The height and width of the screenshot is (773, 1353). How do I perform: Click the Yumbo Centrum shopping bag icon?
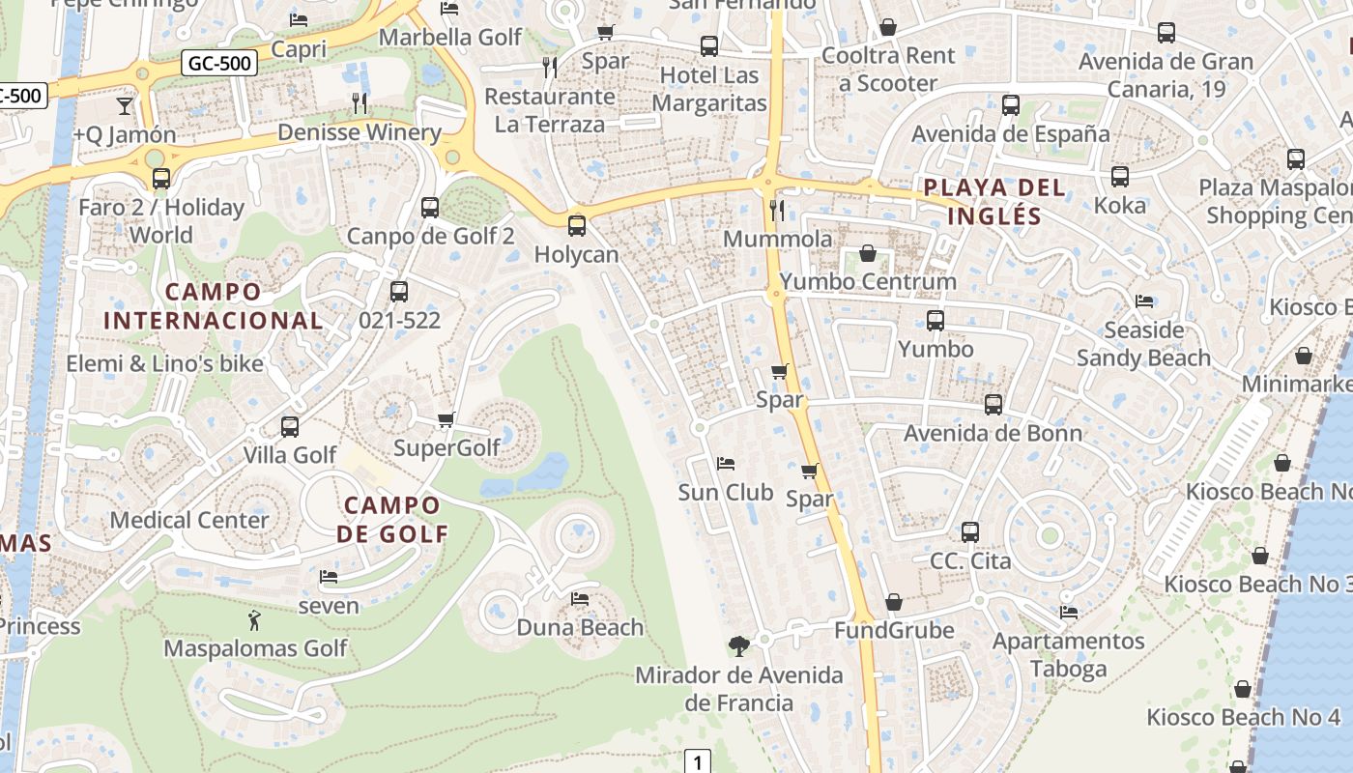[x=868, y=254]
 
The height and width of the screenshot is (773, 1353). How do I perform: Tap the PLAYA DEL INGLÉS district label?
[x=994, y=201]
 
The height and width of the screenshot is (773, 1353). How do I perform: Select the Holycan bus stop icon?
[x=577, y=226]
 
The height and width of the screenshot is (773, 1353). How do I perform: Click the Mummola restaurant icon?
[x=777, y=210]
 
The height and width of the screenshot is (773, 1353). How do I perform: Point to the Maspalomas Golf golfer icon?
[x=254, y=619]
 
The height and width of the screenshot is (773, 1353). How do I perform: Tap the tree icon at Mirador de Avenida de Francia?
[x=738, y=645]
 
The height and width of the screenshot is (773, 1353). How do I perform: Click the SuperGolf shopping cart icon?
[x=446, y=419]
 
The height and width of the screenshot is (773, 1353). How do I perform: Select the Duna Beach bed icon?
[x=580, y=599]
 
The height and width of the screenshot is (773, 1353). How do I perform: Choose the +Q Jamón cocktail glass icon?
[x=125, y=105]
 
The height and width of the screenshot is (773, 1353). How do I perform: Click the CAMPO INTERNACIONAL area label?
[x=214, y=305]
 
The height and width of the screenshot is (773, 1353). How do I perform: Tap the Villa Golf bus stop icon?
[x=289, y=426]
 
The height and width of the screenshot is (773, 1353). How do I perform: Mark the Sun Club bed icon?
[x=726, y=464]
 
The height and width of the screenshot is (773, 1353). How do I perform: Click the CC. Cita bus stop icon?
[x=970, y=532]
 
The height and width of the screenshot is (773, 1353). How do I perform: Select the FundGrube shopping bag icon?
[x=894, y=602]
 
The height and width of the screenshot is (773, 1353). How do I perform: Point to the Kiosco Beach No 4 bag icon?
[x=1243, y=689]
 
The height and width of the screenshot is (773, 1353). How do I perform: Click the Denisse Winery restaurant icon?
[x=359, y=102]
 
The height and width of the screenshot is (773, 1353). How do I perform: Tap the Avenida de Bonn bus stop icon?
[x=993, y=405]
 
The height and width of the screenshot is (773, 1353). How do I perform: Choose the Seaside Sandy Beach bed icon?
[x=1144, y=301]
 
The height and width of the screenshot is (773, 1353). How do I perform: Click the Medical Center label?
[x=189, y=520]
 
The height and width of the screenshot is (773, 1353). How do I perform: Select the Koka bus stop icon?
[x=1119, y=177]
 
